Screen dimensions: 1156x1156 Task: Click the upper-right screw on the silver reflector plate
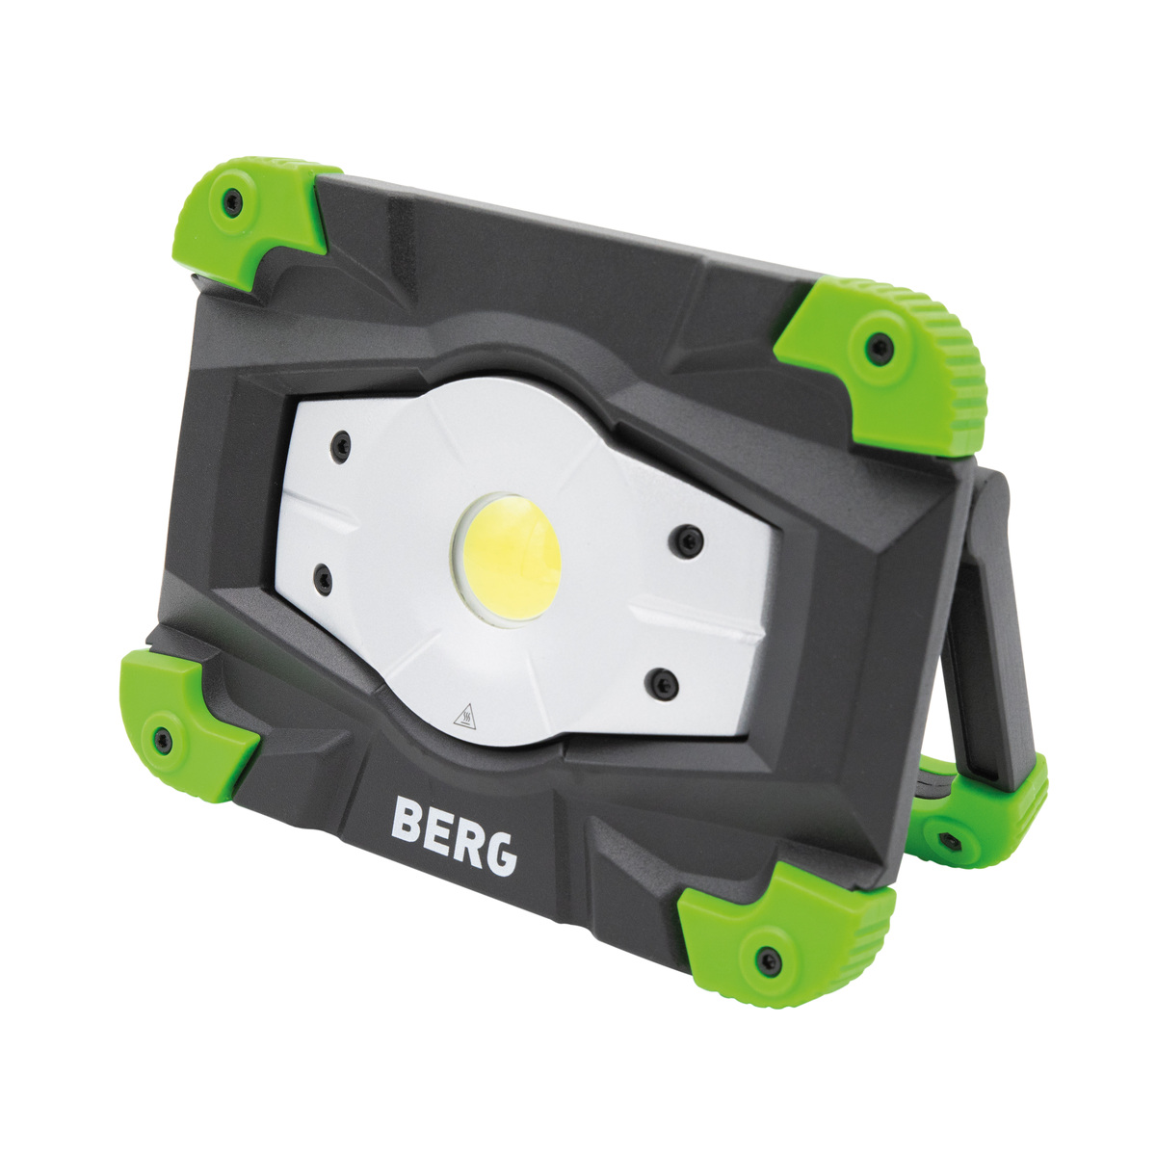687,542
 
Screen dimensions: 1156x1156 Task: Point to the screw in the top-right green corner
878,348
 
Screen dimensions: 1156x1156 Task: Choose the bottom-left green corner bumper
178,722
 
